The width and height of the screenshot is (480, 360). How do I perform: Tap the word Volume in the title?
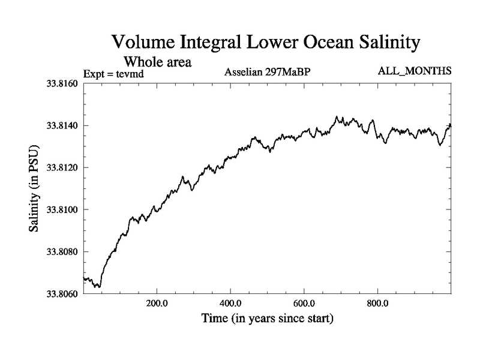(x=146, y=43)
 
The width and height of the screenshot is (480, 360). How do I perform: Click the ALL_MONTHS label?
(x=415, y=71)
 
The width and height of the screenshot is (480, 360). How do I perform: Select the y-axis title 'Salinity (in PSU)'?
(x=34, y=189)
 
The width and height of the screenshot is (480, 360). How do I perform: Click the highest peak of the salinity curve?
(x=337, y=116)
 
